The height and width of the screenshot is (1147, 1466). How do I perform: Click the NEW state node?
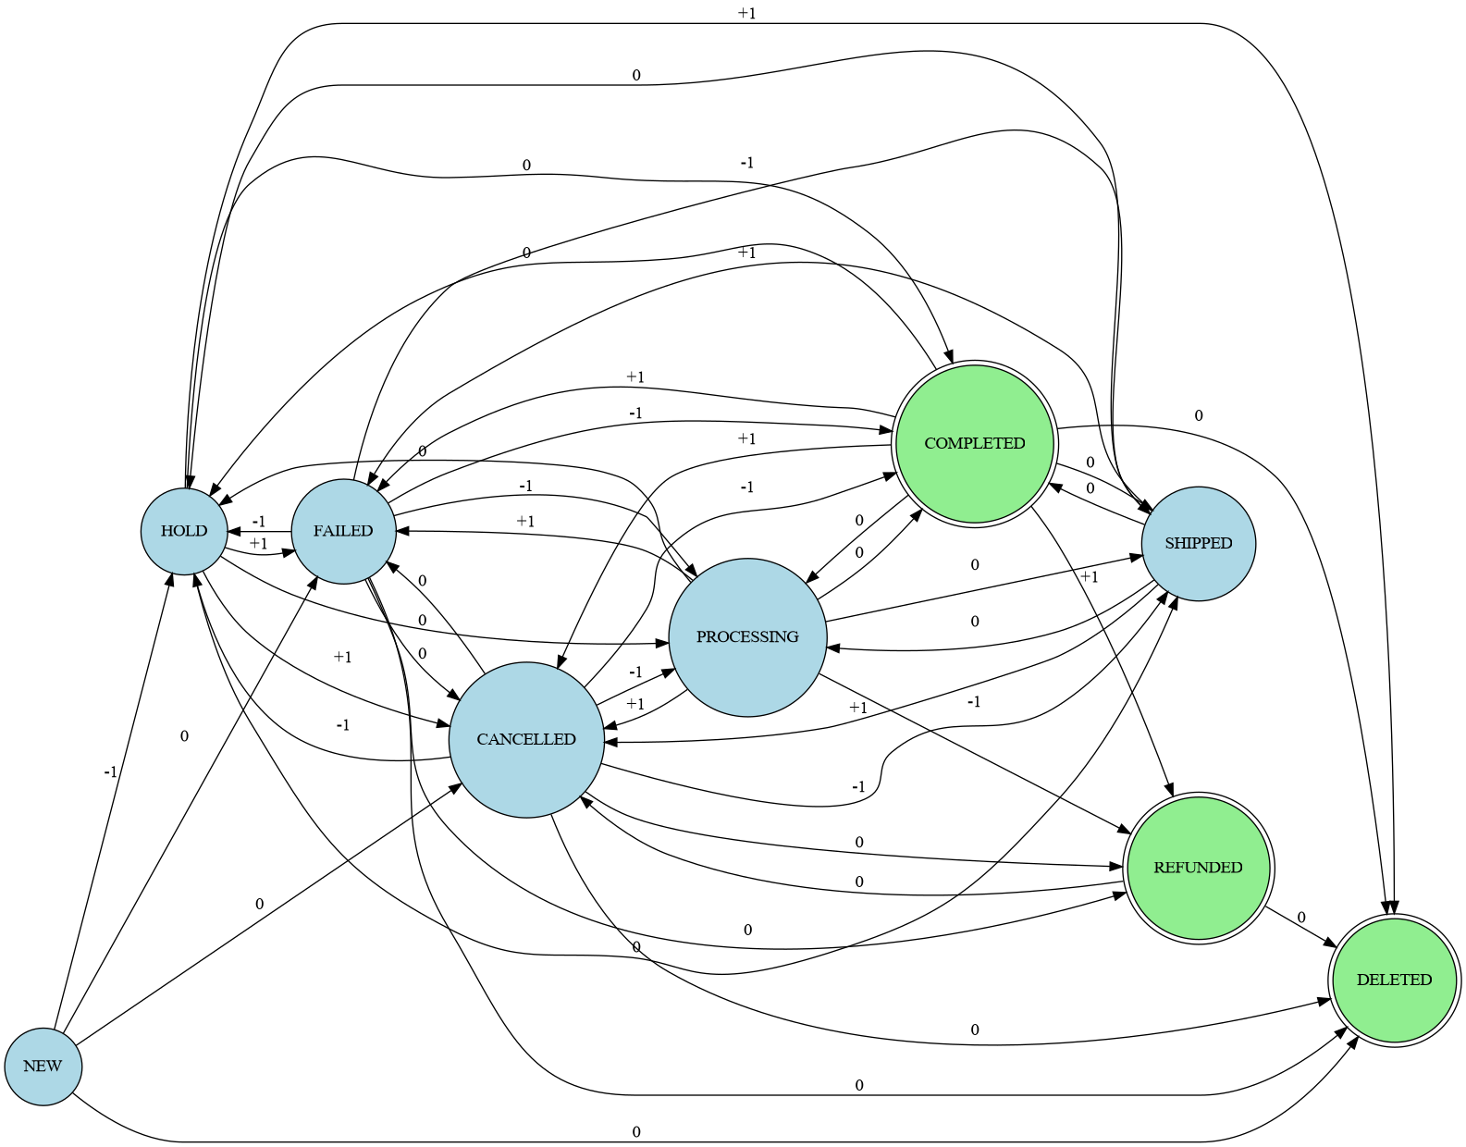pyautogui.click(x=43, y=1066)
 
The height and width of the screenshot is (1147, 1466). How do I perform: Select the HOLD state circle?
pyautogui.click(x=184, y=531)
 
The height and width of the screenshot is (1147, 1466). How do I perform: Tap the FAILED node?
pyautogui.click(x=343, y=531)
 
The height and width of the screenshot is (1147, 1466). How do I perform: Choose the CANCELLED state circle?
pyautogui.click(x=526, y=739)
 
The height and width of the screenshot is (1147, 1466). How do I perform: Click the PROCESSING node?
pyautogui.click(x=747, y=636)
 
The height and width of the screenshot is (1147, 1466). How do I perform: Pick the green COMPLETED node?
pyautogui.click(x=975, y=443)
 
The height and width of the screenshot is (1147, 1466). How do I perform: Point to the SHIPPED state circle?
pyautogui.click(x=1199, y=543)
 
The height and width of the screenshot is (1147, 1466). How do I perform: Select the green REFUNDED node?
pyautogui.click(x=1199, y=867)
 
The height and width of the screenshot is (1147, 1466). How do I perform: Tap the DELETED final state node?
pyautogui.click(x=1394, y=980)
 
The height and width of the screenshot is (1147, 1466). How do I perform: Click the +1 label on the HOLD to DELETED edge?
pyautogui.click(x=747, y=13)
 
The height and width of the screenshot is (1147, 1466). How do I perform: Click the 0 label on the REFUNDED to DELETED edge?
pyautogui.click(x=1300, y=918)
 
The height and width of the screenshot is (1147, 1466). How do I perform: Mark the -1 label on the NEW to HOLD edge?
pyautogui.click(x=110, y=771)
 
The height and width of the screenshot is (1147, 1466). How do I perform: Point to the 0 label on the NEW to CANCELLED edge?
pyautogui.click(x=259, y=904)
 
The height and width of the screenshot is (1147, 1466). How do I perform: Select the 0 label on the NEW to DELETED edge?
pyautogui.click(x=636, y=1131)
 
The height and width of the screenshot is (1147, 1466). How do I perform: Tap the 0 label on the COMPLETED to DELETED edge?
pyautogui.click(x=1199, y=416)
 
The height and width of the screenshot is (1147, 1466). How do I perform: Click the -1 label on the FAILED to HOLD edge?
pyautogui.click(x=258, y=522)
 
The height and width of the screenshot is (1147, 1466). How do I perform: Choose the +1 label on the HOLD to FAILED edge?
pyautogui.click(x=258, y=543)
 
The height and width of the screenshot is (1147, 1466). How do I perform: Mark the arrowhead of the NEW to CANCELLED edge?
pyautogui.click(x=457, y=787)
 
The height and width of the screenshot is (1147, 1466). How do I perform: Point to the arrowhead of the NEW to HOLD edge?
pyautogui.click(x=171, y=577)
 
